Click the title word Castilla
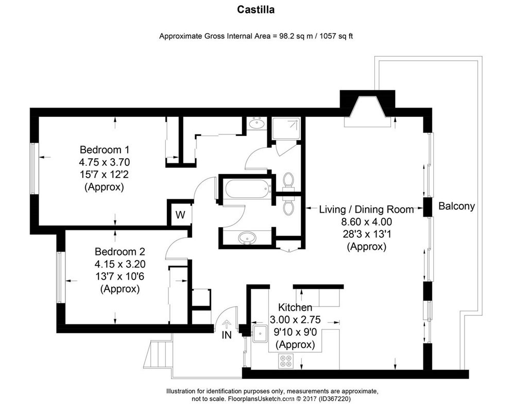tap(255, 9)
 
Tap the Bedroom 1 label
tap(104, 150)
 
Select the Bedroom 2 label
tap(120, 252)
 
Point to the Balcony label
tap(456, 206)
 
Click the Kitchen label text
tap(295, 308)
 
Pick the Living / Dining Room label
tap(366, 210)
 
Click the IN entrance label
tap(226, 335)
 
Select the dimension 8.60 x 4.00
tap(366, 223)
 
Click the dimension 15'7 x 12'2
tap(104, 175)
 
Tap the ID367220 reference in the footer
tap(335, 399)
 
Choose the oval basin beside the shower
tap(256, 124)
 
